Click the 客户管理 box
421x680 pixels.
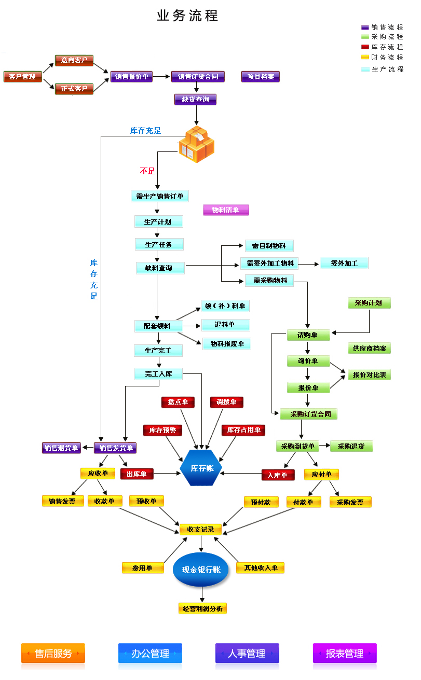tap(22, 77)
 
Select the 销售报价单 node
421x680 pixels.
tap(132, 77)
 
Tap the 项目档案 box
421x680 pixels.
tap(260, 76)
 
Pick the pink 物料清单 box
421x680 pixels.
tap(226, 210)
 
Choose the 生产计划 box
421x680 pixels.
tap(159, 221)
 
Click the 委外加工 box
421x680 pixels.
tap(344, 263)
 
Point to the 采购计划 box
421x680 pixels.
tap(369, 303)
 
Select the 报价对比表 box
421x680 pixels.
tap(369, 374)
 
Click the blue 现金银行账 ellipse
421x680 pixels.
tap(201, 570)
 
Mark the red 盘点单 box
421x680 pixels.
tap(178, 402)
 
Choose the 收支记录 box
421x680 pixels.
tap(200, 530)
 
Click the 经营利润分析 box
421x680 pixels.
tap(202, 608)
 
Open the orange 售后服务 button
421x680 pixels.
tap(53, 654)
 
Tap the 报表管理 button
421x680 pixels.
tap(345, 654)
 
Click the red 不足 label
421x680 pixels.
tap(147, 171)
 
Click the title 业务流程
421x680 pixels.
tap(187, 16)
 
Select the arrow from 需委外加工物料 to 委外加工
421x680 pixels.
tap(309, 263)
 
